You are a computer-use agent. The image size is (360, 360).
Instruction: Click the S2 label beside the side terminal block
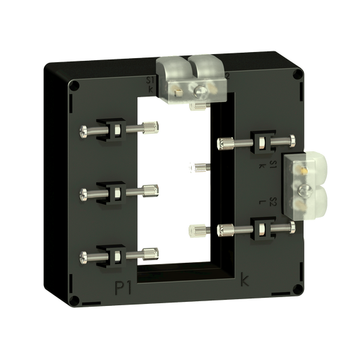click(271, 203)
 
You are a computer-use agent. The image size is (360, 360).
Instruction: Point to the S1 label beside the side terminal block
click(271, 165)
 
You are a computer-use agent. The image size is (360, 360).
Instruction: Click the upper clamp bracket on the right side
click(260, 143)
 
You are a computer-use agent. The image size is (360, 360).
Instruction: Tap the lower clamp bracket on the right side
click(260, 227)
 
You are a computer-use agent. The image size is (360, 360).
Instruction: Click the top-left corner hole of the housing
click(74, 85)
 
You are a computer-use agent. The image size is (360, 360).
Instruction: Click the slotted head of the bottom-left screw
click(83, 256)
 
